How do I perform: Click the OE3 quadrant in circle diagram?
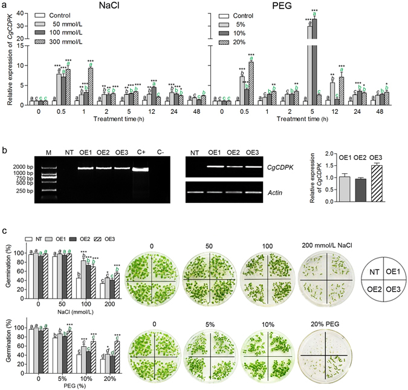(x=391, y=282)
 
